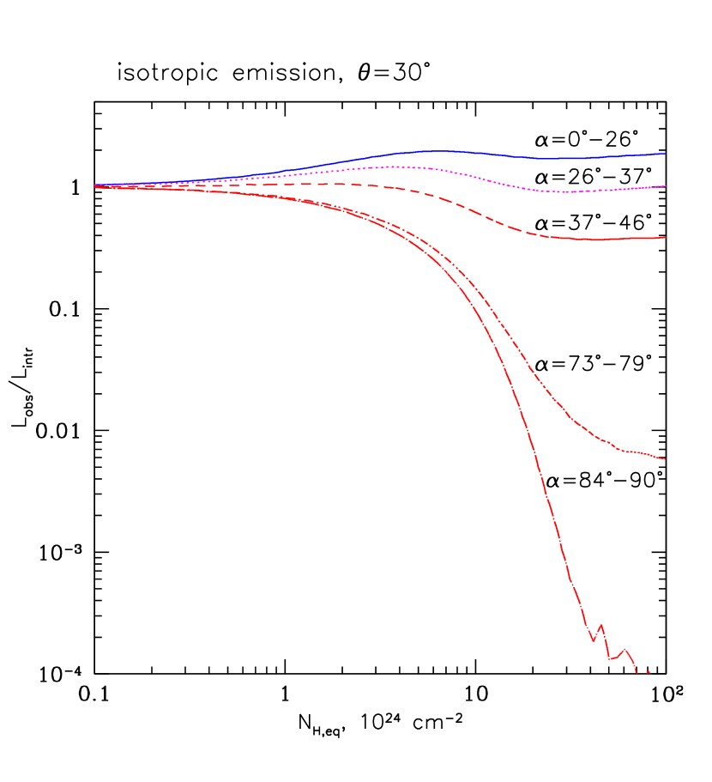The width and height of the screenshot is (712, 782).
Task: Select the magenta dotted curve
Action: pyautogui.click(x=480, y=177)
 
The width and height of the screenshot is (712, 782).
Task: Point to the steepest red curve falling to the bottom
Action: pyautogui.click(x=532, y=446)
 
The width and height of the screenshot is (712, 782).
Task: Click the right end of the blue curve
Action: pyautogui.click(x=666, y=154)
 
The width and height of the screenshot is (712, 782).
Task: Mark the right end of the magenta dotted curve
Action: pyautogui.click(x=666, y=185)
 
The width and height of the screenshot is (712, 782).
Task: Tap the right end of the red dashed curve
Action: pyautogui.click(x=666, y=237)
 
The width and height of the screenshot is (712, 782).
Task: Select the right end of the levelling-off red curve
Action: pyautogui.click(x=666, y=459)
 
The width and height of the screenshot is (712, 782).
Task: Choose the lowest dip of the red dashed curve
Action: pyautogui.click(x=595, y=240)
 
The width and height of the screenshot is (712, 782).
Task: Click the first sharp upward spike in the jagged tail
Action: pyautogui.click(x=600, y=624)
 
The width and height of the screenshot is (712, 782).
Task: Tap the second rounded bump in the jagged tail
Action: pyautogui.click(x=625, y=649)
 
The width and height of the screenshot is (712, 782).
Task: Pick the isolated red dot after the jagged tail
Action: pyautogui.click(x=649, y=672)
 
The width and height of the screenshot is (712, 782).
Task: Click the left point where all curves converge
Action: pyautogui.click(x=95, y=185)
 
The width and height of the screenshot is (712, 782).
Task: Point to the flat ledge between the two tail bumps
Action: pyautogui.click(x=612, y=658)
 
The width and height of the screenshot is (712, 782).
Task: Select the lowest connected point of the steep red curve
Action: pyautogui.click(x=637, y=674)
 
